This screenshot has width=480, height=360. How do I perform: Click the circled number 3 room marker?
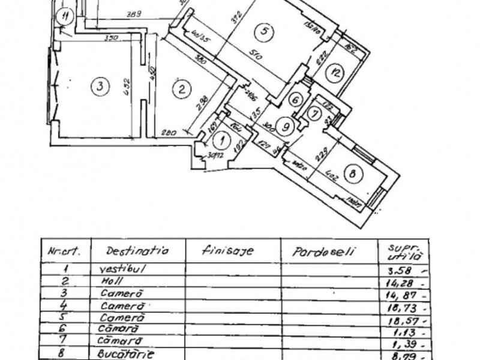tap(100, 86)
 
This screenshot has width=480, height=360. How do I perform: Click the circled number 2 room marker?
tap(180, 90)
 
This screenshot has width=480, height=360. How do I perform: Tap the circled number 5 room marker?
tap(263, 31)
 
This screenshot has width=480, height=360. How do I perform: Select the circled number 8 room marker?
tap(353, 174)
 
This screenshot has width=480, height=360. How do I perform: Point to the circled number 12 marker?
tap(335, 73)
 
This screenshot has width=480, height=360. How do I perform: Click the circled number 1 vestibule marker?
tap(222, 141)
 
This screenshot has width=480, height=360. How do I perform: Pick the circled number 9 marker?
tap(286, 126)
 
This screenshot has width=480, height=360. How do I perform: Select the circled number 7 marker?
tap(313, 112)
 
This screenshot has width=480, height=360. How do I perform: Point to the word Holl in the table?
tap(113, 282)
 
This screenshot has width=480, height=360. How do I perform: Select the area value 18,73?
tap(399, 307)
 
